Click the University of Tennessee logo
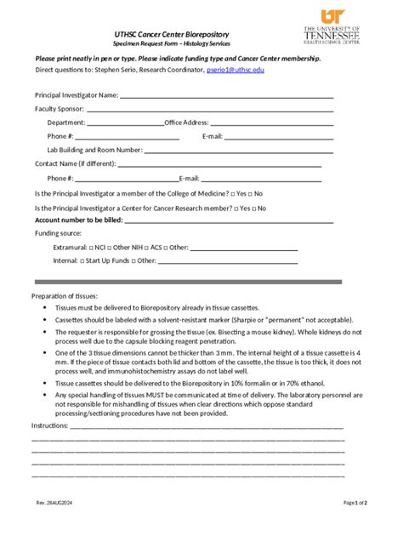(x=332, y=26)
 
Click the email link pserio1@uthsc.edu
(x=236, y=70)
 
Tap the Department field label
(x=66, y=123)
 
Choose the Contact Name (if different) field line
(x=224, y=163)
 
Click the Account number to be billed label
(x=79, y=220)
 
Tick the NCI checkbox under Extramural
(x=91, y=247)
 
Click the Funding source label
(x=58, y=233)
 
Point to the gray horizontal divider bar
(x=188, y=282)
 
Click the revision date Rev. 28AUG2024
(x=54, y=503)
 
